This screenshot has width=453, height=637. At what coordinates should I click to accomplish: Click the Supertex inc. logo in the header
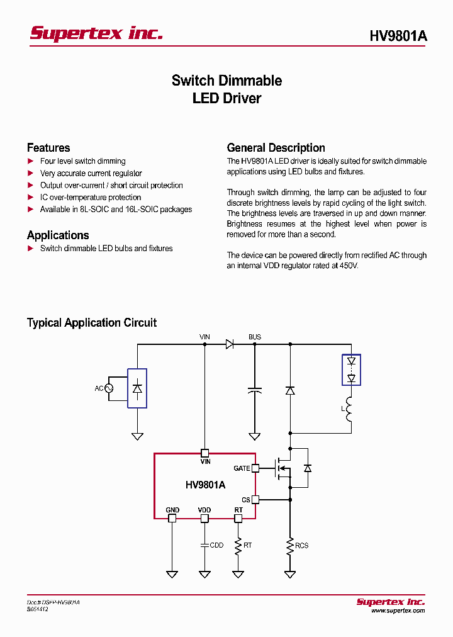coord(96,33)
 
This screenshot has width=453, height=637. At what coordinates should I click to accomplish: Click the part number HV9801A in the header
coord(398,36)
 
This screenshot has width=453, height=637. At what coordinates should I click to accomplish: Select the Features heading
coord(48,148)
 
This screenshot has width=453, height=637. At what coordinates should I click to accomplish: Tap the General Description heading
coord(276,148)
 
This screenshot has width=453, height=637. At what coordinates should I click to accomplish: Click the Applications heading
coord(58,235)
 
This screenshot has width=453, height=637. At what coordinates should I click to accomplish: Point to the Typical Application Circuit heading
coord(92,323)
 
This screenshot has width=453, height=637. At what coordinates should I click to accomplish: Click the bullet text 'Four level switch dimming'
coord(82,161)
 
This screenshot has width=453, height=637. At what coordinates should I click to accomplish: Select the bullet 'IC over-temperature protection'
coord(91,198)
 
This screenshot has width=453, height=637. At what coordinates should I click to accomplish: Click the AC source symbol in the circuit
coord(108,388)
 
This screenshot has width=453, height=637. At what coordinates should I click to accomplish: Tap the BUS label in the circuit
coord(254,337)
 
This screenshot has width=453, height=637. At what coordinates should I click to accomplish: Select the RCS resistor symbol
coord(290,545)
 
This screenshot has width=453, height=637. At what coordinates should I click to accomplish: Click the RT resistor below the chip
coord(238,545)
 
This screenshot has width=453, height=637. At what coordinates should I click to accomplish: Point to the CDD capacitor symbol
coord(204,545)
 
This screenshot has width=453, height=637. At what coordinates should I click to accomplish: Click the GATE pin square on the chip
coord(255,468)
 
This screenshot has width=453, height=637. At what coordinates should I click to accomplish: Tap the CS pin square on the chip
coord(255,499)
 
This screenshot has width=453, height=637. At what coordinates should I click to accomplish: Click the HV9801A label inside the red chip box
coord(205,485)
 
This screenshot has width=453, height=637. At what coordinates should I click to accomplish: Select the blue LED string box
coord(352,370)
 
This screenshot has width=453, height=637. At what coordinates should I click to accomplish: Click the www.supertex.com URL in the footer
coord(398,611)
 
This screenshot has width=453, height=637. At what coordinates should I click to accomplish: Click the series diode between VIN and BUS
coord(230,344)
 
